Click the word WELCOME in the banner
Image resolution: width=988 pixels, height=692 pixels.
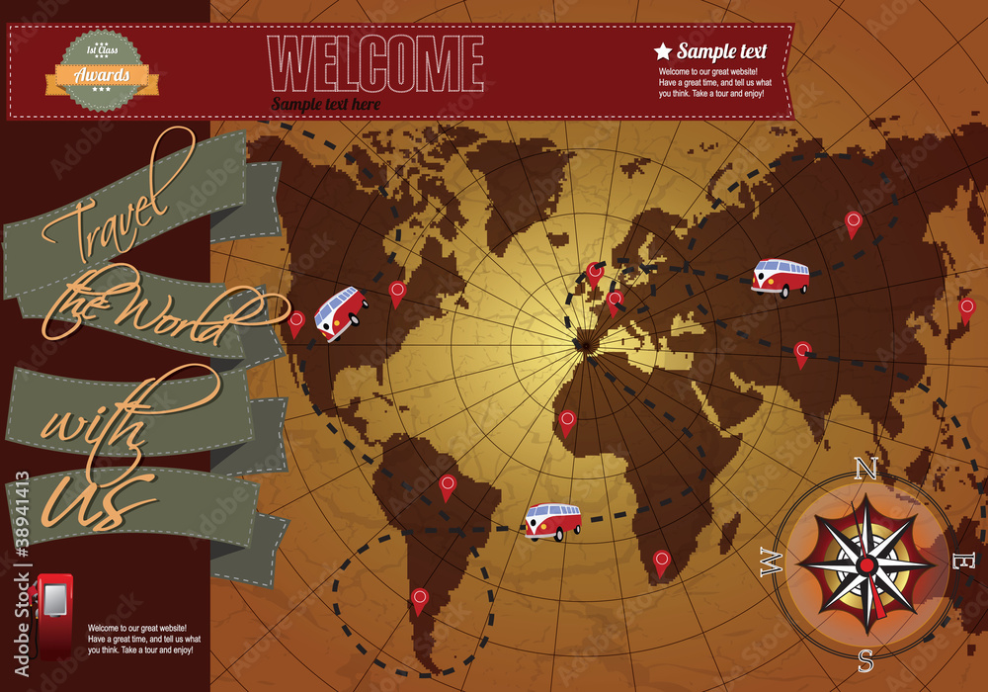378,64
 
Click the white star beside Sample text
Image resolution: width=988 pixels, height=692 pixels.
663,51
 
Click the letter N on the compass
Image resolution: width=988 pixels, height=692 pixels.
865,468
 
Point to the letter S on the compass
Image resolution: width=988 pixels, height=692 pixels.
865,658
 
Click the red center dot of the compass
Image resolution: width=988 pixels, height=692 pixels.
866,564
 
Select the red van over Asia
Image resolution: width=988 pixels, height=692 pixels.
780,278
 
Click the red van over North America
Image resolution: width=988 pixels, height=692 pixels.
340,312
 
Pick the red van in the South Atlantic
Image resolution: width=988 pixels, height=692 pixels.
552,520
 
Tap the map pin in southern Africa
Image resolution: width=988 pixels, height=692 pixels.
661,562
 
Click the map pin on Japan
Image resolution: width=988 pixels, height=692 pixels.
966,309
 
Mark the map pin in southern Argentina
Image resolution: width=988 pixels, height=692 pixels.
419,599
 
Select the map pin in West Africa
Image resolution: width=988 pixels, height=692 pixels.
567,422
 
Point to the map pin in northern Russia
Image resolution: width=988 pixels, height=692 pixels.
853,223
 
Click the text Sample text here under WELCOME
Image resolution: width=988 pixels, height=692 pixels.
326,103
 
